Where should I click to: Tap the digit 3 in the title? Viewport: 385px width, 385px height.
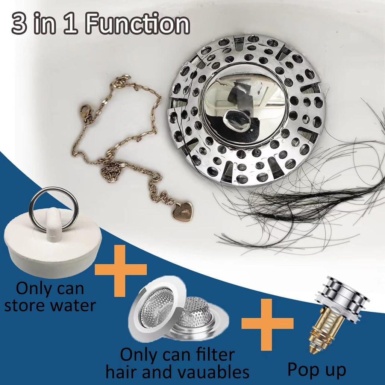point(20,25)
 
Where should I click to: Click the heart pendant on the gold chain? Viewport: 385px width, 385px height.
point(183,211)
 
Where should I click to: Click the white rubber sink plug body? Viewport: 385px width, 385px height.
point(53,244)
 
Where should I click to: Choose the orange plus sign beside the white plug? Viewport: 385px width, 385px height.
point(121,270)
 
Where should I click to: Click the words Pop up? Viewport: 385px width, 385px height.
point(317,370)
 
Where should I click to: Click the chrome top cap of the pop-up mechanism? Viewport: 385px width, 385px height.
point(340,297)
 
